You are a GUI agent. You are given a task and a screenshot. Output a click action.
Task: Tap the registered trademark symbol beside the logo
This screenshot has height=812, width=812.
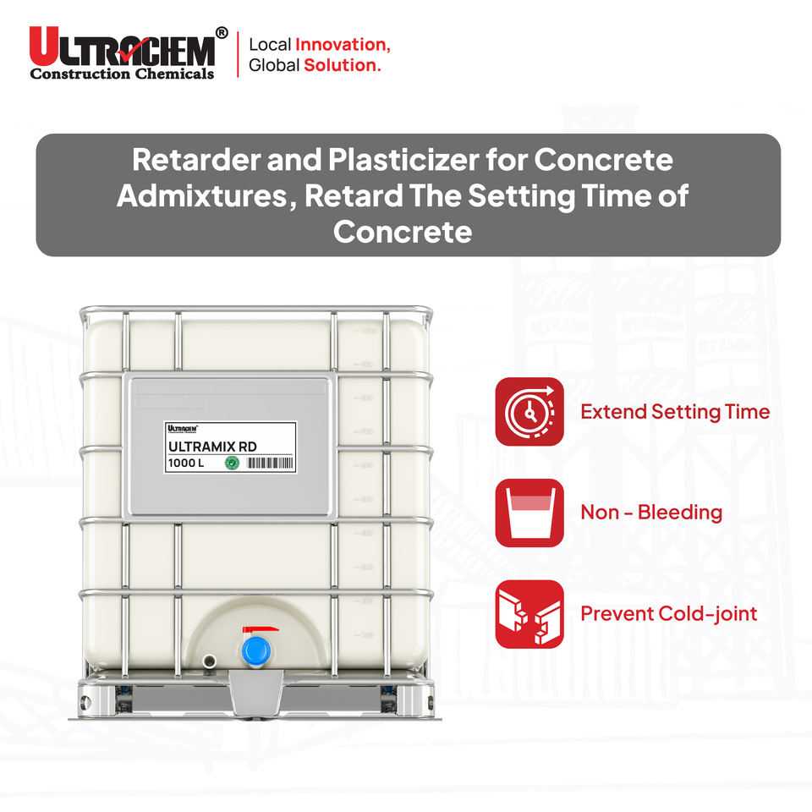(222, 33)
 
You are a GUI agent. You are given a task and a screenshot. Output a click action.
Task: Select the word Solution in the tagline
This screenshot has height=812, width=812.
(343, 65)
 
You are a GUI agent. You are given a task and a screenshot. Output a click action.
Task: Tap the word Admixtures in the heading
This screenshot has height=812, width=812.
(206, 196)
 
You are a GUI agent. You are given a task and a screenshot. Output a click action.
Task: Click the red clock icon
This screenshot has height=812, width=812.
(529, 411)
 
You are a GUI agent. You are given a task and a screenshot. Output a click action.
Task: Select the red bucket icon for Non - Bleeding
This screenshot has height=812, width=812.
(529, 512)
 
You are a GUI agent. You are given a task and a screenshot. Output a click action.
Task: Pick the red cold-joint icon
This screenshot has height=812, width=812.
(529, 613)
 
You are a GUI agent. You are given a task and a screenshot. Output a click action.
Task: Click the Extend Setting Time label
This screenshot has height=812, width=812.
(675, 412)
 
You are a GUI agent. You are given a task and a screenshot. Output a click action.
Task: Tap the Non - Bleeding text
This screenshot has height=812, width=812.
(651, 512)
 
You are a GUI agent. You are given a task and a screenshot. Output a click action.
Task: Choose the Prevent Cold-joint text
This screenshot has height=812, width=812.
(668, 613)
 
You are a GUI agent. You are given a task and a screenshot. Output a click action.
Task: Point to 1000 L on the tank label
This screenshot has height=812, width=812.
(186, 463)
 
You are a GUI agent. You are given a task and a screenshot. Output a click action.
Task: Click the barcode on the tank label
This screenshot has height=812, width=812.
(268, 463)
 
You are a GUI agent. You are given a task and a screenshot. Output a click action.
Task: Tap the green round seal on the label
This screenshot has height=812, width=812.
(230, 463)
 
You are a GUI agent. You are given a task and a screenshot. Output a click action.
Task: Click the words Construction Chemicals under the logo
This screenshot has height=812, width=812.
(123, 74)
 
